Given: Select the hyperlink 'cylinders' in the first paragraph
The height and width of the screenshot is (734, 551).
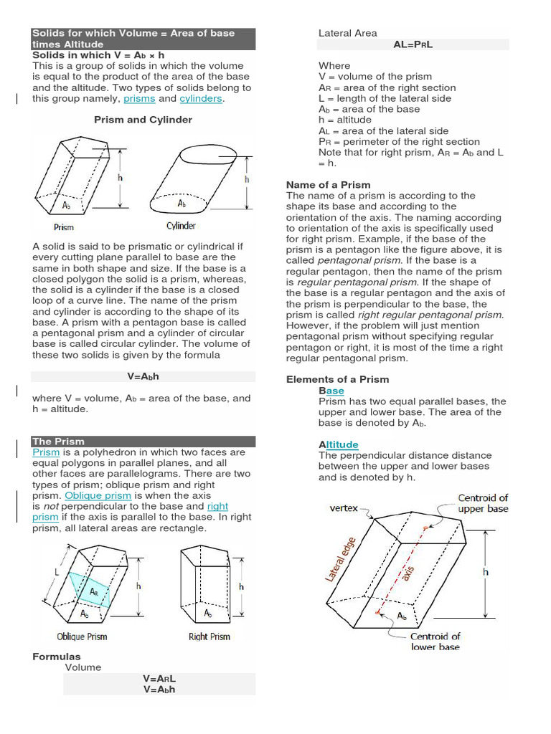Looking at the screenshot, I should click(x=201, y=99).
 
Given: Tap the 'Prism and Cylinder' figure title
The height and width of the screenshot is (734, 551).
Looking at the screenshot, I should click(x=143, y=120).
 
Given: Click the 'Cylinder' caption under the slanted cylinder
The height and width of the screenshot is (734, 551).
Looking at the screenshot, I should click(x=182, y=226).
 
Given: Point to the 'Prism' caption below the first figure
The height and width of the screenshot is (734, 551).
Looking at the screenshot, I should click(x=64, y=227).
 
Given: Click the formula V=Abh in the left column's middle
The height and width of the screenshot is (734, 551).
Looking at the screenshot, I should click(x=143, y=376).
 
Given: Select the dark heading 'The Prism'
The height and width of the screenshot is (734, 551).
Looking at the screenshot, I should click(x=59, y=442).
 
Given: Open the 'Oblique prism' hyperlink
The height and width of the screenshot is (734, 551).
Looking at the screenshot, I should click(x=98, y=495).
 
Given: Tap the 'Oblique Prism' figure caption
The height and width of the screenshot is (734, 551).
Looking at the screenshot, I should click(x=82, y=637).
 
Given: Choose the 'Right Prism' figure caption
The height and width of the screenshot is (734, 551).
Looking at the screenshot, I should click(x=209, y=637).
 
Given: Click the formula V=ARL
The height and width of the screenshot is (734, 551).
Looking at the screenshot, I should click(x=159, y=679).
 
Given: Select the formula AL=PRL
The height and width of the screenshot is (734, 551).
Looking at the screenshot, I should click(x=413, y=44).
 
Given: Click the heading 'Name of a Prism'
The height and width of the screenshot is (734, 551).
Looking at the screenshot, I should click(x=328, y=185).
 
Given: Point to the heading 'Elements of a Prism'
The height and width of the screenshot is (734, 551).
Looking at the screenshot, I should click(x=337, y=379).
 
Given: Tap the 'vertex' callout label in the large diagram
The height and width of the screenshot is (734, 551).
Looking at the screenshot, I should click(x=344, y=508).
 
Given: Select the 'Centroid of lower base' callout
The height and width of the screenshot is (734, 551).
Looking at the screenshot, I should click(x=435, y=642).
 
